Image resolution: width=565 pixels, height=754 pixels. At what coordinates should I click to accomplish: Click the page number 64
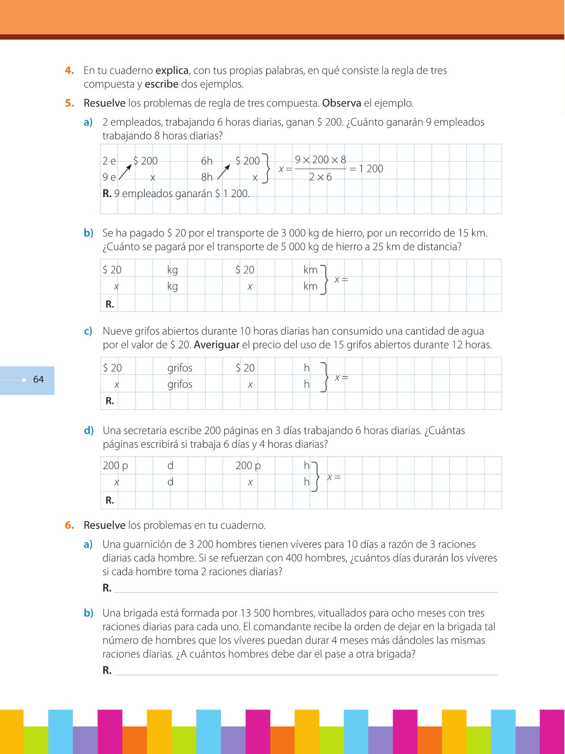[39, 380]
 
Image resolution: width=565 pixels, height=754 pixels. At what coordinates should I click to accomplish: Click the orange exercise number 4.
[69, 70]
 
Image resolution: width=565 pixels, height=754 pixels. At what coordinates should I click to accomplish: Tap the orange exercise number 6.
[69, 525]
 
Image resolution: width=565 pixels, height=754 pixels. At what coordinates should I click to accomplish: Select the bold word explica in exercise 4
[172, 70]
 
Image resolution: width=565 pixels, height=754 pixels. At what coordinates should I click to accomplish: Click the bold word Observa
[342, 103]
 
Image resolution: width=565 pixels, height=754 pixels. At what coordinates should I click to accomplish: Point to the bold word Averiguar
[217, 345]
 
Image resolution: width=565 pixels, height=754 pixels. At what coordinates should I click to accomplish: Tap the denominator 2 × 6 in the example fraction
[320, 177]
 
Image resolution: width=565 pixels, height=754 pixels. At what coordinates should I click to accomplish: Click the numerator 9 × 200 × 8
[321, 160]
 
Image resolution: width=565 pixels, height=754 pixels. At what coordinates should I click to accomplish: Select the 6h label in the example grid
[207, 161]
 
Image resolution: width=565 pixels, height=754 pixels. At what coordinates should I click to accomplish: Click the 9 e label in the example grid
[109, 177]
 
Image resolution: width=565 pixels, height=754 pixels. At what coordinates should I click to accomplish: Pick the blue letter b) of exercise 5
[88, 233]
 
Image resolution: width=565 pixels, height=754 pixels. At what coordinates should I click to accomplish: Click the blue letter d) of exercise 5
[89, 431]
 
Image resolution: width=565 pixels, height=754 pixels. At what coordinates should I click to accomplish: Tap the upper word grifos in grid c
[180, 368]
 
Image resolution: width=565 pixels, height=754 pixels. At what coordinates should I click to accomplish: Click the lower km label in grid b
[311, 287]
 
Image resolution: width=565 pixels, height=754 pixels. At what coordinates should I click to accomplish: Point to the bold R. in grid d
[110, 500]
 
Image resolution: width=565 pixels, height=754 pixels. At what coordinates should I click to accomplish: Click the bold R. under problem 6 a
[107, 588]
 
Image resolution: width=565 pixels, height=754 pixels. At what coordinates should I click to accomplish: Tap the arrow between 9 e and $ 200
[126, 172]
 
